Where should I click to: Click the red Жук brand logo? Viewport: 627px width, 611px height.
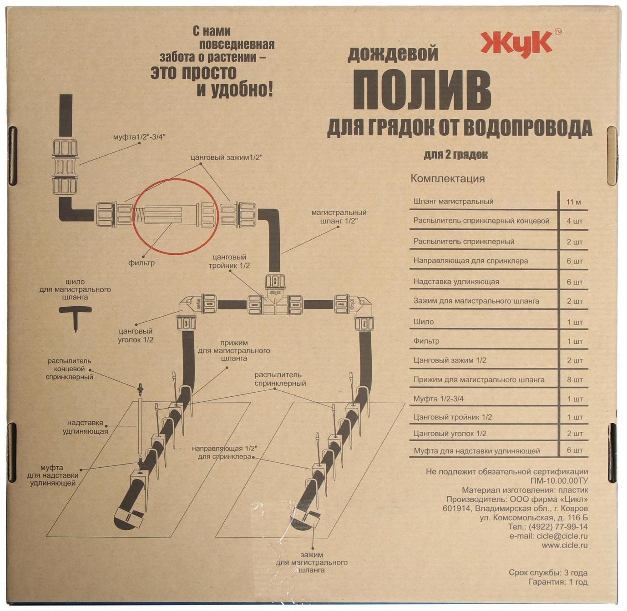click(x=517, y=44)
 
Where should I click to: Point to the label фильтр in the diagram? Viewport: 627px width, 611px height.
click(x=141, y=263)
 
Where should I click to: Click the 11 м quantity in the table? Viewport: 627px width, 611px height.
click(x=573, y=202)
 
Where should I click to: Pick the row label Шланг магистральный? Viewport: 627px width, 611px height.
click(x=453, y=202)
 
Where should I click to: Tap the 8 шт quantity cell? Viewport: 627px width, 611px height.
click(x=574, y=380)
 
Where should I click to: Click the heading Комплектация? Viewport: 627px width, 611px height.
click(x=447, y=178)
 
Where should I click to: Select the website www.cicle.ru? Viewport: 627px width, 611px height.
click(x=564, y=545)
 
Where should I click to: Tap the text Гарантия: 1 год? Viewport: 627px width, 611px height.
click(x=558, y=582)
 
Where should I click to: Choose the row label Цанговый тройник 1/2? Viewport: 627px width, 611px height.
click(x=452, y=417)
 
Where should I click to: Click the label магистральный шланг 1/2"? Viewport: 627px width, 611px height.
click(x=339, y=217)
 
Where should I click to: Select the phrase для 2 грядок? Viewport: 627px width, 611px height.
click(x=455, y=155)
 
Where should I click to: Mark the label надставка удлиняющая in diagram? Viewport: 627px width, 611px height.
click(x=86, y=427)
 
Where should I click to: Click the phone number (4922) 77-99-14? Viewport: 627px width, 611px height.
click(x=557, y=527)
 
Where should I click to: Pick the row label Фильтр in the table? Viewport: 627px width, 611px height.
click(x=426, y=341)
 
